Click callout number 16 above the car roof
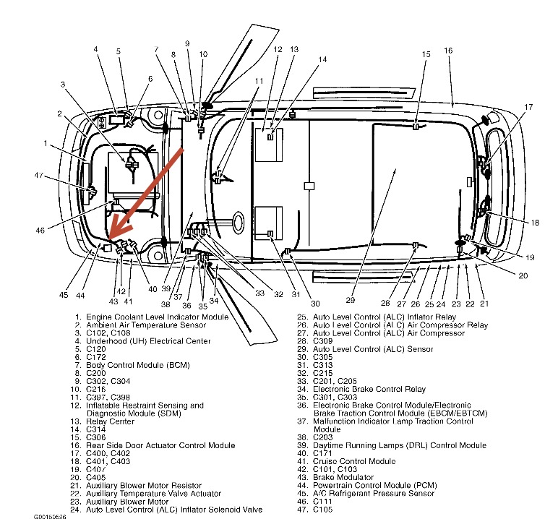[448, 51]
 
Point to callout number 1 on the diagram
[45, 143]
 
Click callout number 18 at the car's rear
[535, 223]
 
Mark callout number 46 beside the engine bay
[41, 230]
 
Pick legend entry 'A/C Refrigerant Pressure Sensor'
[374, 494]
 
